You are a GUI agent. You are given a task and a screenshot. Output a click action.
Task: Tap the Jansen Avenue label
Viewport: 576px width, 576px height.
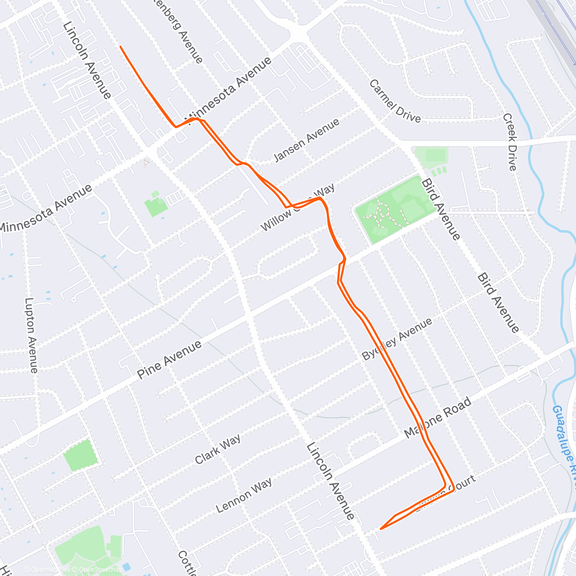coord(306,140)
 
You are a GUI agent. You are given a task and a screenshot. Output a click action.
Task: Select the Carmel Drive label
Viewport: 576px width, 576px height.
coord(395,101)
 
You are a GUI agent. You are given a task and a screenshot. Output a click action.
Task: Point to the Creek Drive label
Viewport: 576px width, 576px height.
coord(510,142)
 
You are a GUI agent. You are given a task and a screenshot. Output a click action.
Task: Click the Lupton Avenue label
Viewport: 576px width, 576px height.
coord(31,335)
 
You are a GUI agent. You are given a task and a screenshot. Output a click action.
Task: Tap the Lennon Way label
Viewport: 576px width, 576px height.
coord(244,494)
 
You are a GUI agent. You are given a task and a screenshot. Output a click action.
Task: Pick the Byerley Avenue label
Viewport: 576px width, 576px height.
coord(396,339)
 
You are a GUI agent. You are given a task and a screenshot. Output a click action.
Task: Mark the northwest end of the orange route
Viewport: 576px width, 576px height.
coord(120,47)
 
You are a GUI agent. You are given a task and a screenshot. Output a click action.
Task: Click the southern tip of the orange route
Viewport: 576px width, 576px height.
coord(381,528)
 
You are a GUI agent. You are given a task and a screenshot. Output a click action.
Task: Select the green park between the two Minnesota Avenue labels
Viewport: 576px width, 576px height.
coord(156,205)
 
